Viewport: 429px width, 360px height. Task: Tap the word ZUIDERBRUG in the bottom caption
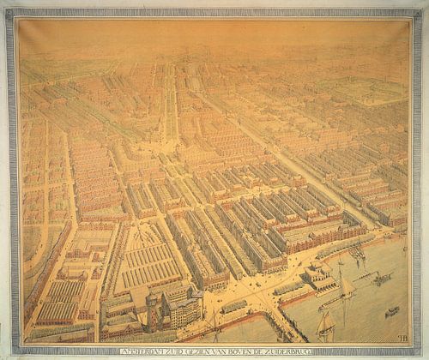(297, 349)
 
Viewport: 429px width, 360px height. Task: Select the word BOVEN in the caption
(239, 349)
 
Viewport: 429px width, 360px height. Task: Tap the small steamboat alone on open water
(391, 311)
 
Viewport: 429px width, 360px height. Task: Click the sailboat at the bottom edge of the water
(326, 327)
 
